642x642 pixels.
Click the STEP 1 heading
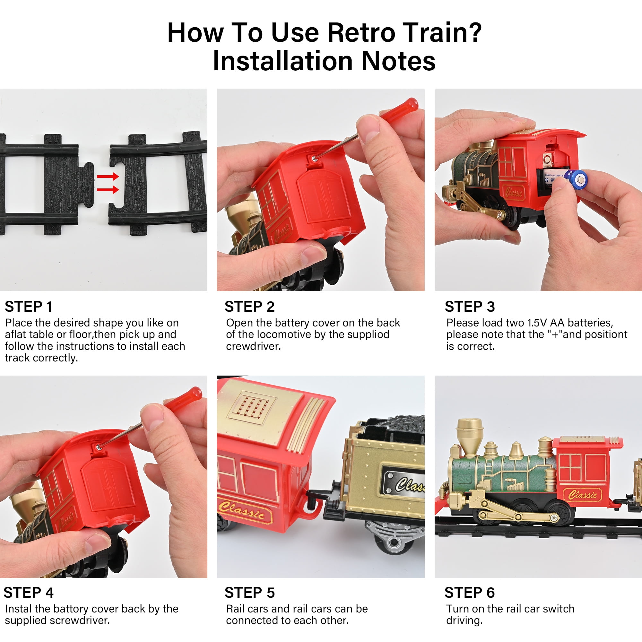[29, 306]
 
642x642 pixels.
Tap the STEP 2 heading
[249, 306]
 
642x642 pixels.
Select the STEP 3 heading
[470, 306]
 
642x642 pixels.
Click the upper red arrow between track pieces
[108, 177]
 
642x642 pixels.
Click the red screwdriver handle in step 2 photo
[399, 107]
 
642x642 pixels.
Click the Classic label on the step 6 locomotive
[583, 495]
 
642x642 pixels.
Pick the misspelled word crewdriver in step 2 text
[253, 346]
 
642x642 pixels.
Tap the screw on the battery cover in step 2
[314, 159]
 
